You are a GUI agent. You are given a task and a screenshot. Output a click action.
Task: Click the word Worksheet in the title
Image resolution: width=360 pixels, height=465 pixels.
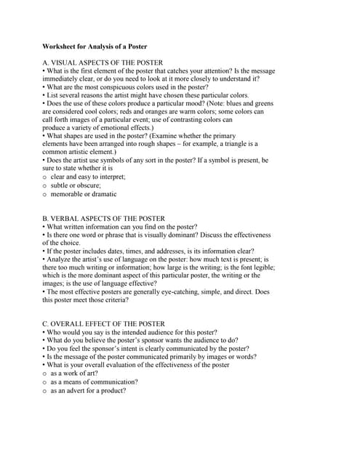60,46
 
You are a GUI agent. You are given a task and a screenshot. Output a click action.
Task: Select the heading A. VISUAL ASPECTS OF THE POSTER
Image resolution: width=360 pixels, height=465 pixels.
102,62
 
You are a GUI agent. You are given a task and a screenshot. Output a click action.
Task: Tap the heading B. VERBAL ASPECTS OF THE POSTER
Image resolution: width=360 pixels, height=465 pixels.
103,219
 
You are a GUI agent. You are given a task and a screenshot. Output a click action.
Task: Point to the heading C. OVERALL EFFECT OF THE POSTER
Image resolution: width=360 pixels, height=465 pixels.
103,323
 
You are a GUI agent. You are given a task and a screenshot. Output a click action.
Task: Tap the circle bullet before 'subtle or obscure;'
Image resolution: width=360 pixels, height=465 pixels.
45,185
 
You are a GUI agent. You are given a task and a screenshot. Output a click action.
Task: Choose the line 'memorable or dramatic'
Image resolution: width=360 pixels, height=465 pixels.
84,194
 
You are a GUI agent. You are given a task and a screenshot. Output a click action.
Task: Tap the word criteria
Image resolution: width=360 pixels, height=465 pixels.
116,300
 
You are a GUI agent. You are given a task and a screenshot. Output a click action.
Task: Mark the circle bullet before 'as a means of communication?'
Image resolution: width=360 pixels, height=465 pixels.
45,382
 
